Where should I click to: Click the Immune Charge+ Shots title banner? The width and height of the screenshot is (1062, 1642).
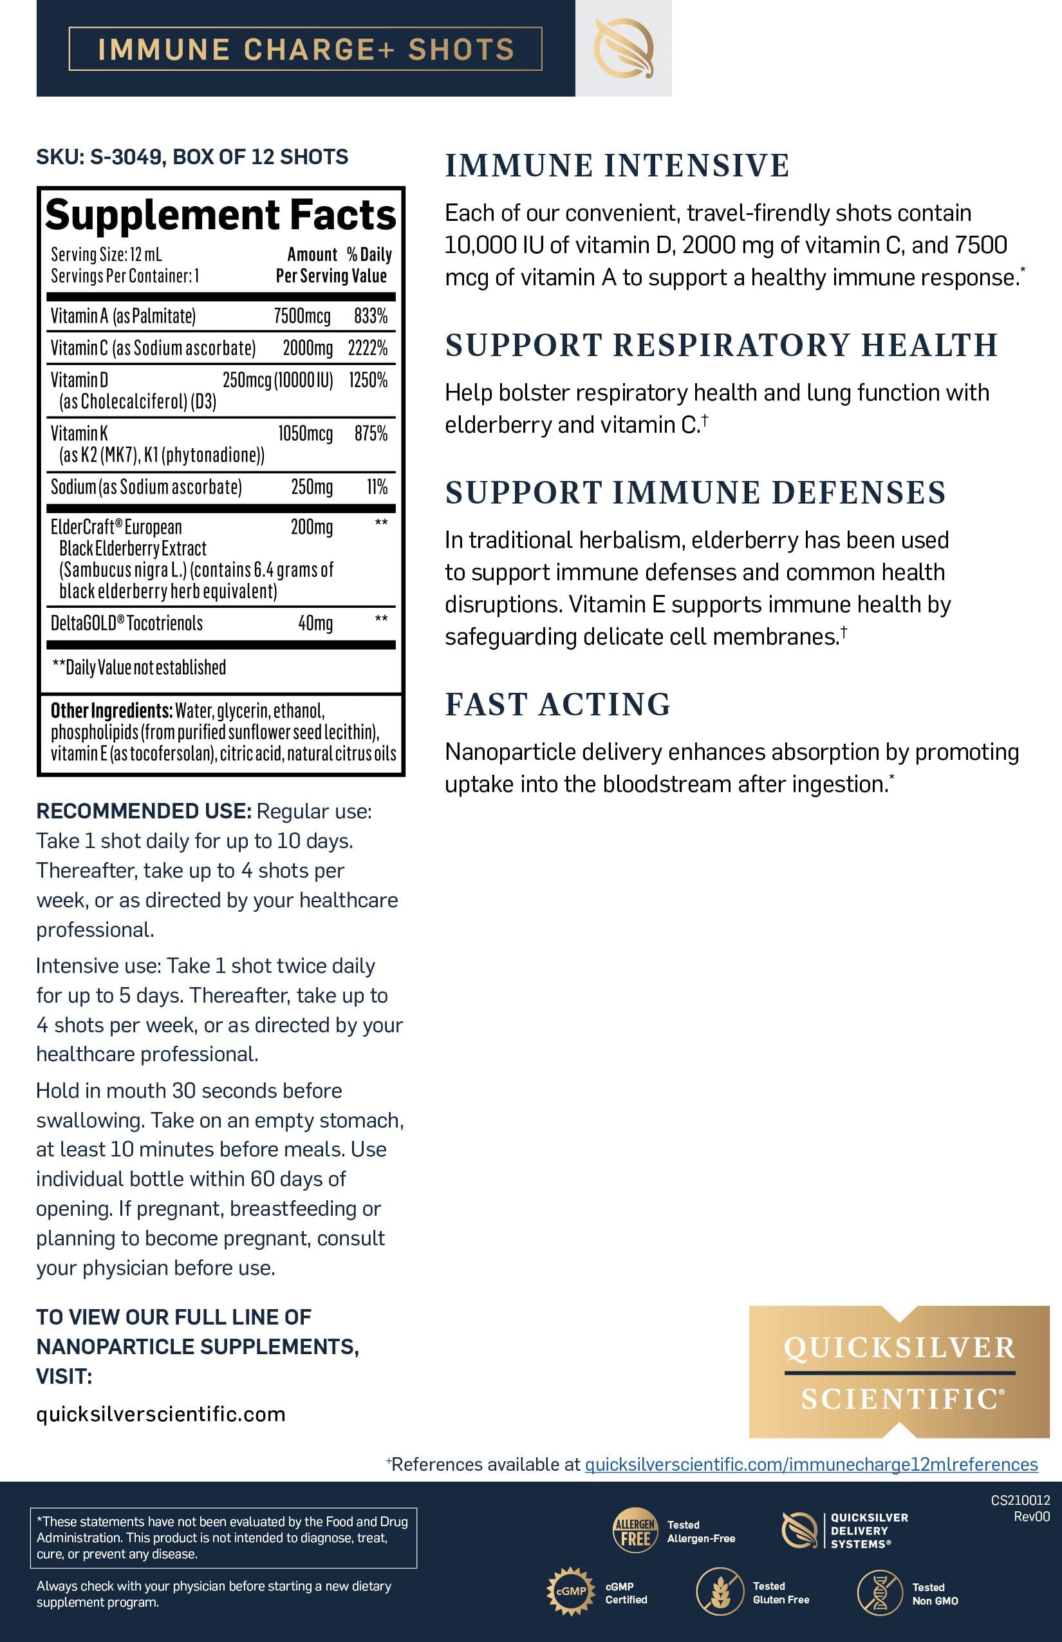(x=306, y=49)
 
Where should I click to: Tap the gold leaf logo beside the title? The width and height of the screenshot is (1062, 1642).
(x=624, y=48)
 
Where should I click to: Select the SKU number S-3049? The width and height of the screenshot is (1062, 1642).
(x=126, y=156)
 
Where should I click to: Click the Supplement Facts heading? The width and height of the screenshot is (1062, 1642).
(x=221, y=214)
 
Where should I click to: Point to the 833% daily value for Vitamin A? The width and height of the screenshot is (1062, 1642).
(x=370, y=316)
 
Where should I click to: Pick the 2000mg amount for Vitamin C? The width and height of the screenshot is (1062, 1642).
(x=308, y=348)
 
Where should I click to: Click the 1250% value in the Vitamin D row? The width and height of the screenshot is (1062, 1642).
(x=368, y=380)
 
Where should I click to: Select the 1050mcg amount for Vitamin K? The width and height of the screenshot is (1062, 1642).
(x=305, y=433)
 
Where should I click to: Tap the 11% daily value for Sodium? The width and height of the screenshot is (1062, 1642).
(x=377, y=487)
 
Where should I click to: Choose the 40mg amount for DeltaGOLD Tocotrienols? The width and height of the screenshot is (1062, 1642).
(x=315, y=623)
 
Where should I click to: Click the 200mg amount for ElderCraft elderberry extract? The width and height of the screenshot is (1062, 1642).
(x=312, y=527)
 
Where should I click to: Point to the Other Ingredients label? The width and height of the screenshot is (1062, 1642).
(x=111, y=711)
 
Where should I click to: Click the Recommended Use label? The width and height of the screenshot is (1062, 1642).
(x=144, y=811)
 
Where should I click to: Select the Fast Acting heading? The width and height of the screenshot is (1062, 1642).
(x=557, y=704)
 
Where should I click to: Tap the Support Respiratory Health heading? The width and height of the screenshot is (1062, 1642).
(x=722, y=345)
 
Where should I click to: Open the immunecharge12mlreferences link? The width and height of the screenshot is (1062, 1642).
(x=811, y=1464)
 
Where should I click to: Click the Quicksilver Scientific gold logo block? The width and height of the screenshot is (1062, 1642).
(x=899, y=1372)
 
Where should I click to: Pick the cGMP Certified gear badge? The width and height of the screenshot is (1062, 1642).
(x=570, y=1591)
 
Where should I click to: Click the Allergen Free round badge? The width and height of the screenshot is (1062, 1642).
(x=635, y=1529)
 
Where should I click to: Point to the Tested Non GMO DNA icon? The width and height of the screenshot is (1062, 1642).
(x=879, y=1592)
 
